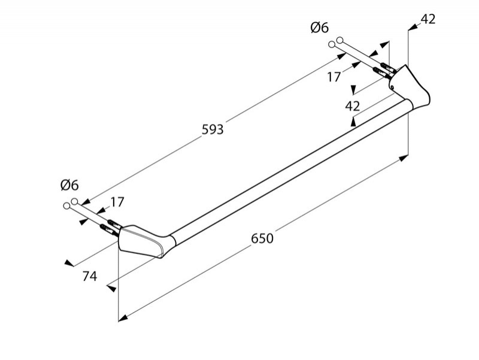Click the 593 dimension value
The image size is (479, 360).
coord(212,129)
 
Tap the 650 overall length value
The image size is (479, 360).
coord(262,238)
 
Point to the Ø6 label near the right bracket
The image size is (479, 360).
coord(319,28)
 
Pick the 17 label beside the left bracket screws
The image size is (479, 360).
coord(117,202)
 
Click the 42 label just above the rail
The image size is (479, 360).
coord(353,106)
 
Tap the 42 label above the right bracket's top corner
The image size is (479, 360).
coord(428,19)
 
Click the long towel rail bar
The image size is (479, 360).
coord(287,168)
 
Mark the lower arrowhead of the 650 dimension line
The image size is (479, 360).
coord(122,318)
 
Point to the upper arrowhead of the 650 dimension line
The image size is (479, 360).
coord(405,159)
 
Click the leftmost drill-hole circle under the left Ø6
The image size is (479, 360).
coord(66,206)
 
